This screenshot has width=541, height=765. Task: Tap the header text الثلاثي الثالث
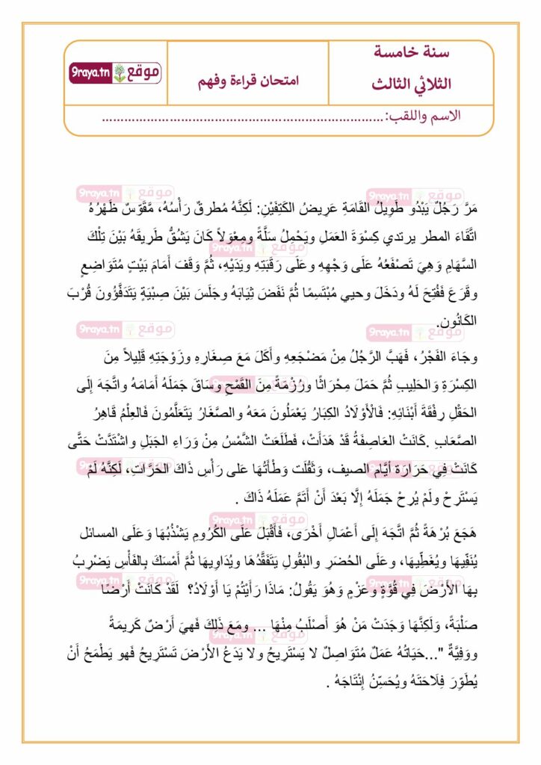[411, 84]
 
